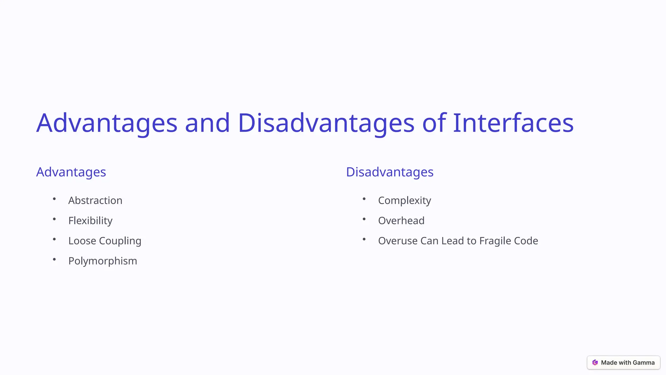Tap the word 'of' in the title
pos(434,123)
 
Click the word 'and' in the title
pos(207,123)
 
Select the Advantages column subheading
pos(71,172)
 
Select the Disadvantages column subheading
pos(390,172)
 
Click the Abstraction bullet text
pos(95,201)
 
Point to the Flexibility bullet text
pos(90,221)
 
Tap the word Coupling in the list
pos(120,241)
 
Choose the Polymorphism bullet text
pos(102,261)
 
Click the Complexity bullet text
pos(405,201)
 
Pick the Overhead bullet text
pos(401,221)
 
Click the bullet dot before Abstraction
pos(54,199)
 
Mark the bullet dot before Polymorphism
pos(54,259)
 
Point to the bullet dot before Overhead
pos(364,219)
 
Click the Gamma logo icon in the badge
pos(595,363)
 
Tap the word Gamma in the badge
pos(644,363)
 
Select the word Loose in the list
pos(82,241)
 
